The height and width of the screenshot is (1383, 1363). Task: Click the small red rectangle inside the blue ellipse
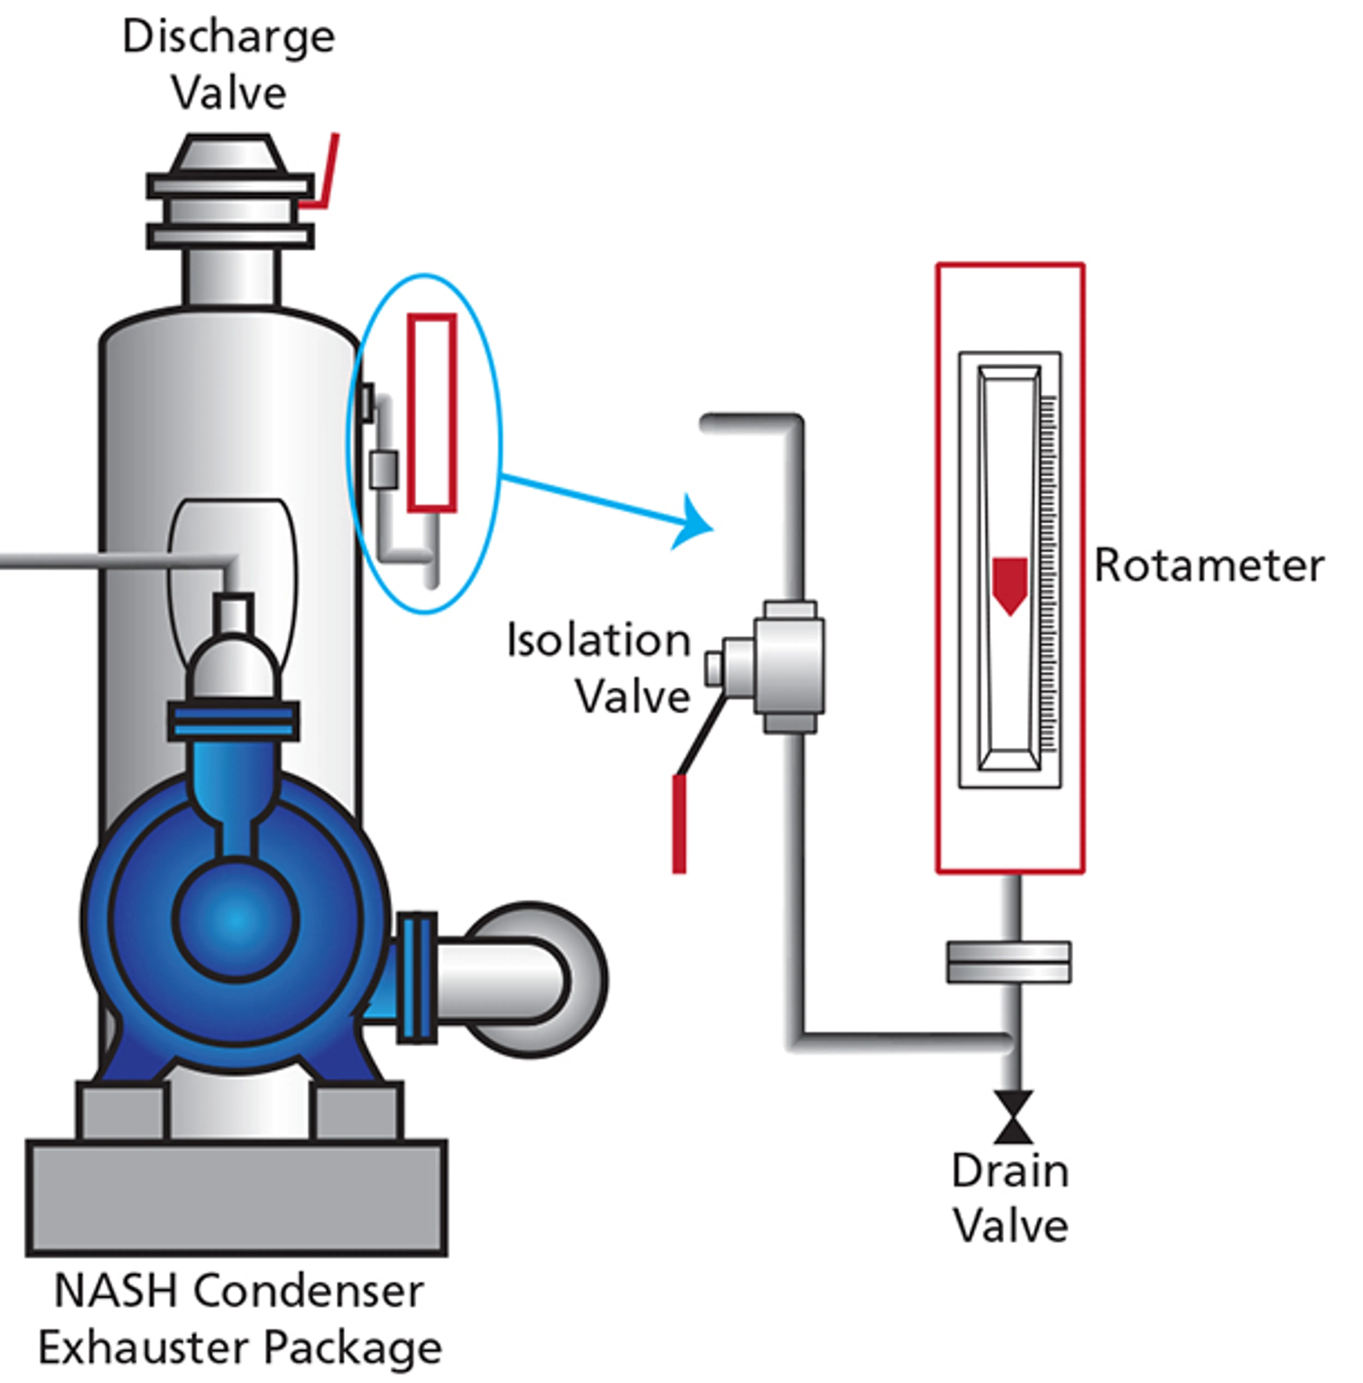pyautogui.click(x=432, y=413)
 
